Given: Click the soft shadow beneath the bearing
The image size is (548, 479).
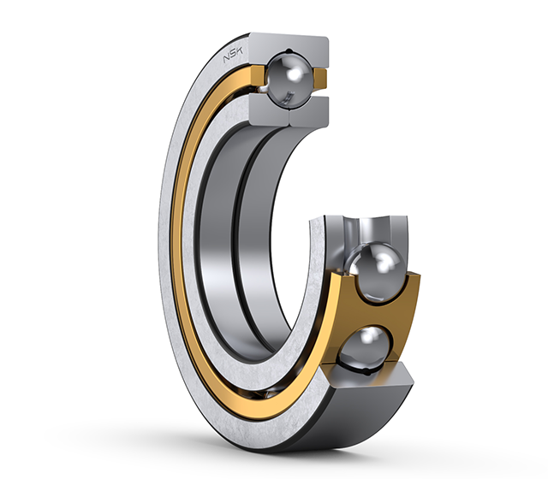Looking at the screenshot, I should tap(283, 445).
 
